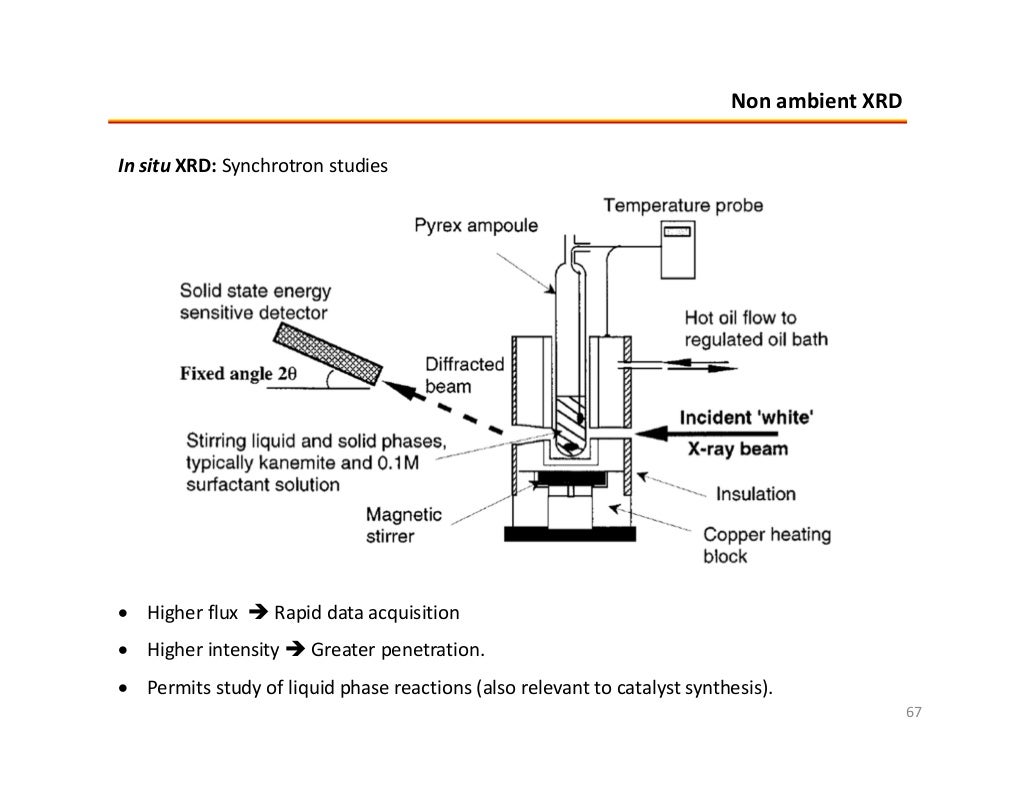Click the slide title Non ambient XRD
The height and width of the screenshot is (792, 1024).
click(x=815, y=101)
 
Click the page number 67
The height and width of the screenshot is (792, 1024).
click(x=912, y=712)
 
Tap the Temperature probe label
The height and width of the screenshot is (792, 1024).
click(x=683, y=206)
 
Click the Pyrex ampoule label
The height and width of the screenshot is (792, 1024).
click(x=476, y=226)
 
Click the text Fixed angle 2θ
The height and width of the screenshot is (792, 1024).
click(x=239, y=374)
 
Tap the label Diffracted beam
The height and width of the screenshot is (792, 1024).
click(x=464, y=374)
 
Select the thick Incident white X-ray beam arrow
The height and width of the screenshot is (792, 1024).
click(x=624, y=432)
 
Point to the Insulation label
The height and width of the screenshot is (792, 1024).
click(x=756, y=493)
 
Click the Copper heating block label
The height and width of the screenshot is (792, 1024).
click(x=766, y=544)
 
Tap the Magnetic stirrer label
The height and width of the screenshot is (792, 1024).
click(x=403, y=525)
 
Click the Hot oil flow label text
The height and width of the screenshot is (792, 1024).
click(x=755, y=329)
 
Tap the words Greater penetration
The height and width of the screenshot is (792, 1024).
click(x=397, y=651)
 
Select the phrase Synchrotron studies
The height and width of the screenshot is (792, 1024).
click(x=303, y=165)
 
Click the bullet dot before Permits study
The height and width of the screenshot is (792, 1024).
click(x=123, y=689)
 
